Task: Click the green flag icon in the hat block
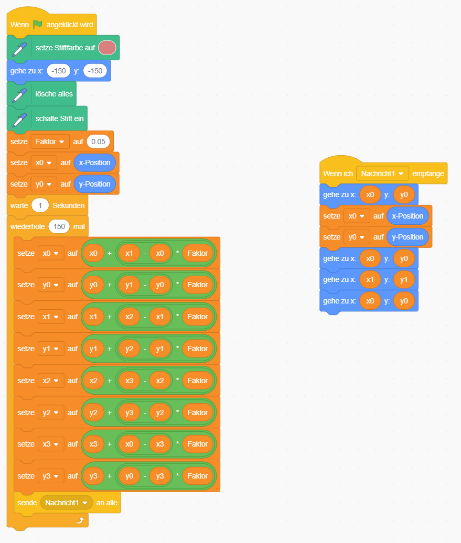[38, 25]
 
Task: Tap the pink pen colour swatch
[107, 48]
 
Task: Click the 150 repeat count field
[59, 226]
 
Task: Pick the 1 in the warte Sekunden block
[40, 205]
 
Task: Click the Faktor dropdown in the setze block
[50, 142]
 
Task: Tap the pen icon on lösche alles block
[19, 95]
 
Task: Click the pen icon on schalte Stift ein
[19, 119]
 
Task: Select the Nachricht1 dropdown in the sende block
[66, 503]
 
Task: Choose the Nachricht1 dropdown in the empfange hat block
[382, 173]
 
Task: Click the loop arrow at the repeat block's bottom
[80, 520]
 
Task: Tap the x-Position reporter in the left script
[94, 162]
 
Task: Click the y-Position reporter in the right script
[408, 237]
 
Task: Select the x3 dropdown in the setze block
[50, 444]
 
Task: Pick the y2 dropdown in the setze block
[50, 412]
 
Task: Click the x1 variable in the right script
[370, 280]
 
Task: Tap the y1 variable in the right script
[404, 280]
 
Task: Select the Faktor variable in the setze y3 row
[198, 476]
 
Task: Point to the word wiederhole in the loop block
[28, 226]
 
